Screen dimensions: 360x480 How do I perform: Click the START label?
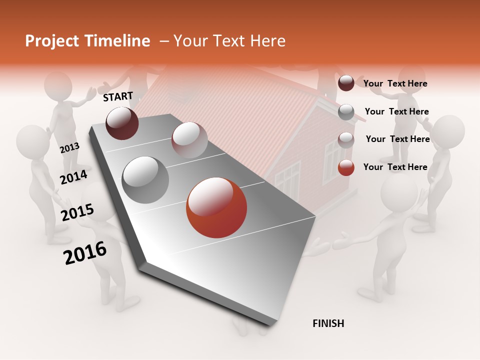[x=118, y=96]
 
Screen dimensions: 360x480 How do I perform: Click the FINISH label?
[x=328, y=323]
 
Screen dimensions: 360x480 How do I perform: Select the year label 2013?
[x=69, y=148]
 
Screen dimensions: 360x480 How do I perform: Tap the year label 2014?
[x=73, y=177]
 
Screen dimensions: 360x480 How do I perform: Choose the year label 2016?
[x=85, y=252]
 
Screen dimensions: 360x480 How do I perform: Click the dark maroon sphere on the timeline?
[x=122, y=123]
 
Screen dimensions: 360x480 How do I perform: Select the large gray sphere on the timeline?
[x=145, y=179]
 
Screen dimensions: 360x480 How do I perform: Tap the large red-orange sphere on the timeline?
[x=216, y=207]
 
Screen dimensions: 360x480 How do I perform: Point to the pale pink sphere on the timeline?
[x=189, y=139]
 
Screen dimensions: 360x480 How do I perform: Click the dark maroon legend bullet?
[x=346, y=83]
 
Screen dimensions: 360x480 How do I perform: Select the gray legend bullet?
[x=346, y=112]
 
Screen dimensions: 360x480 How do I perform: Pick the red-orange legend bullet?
[x=346, y=167]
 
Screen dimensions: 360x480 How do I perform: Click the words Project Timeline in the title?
[x=87, y=41]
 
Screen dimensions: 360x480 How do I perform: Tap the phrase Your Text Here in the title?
[x=229, y=41]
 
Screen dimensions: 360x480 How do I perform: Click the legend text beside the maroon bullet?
[x=395, y=83]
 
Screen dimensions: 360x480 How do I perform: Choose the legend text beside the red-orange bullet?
[x=395, y=167]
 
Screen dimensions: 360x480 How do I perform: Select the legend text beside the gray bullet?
[x=396, y=111]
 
